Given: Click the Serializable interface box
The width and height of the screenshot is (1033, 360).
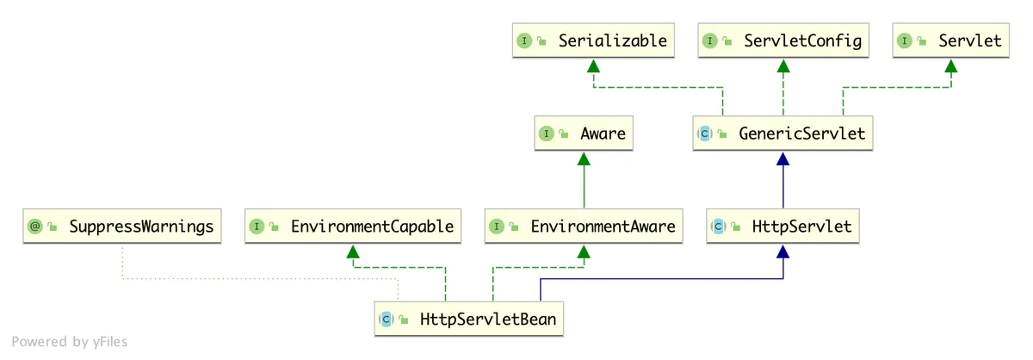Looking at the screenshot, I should (592, 40).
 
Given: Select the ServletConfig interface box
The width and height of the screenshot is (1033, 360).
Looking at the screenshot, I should (782, 40).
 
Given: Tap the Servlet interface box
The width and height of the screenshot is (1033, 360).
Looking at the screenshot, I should (951, 40).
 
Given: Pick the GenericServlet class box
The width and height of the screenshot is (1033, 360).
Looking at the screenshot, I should (782, 134).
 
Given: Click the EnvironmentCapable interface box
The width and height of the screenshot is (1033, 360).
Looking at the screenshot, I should (350, 227).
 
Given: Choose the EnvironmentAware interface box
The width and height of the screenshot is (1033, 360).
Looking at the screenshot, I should (584, 227).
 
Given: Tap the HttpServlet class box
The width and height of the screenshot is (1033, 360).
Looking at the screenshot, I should (782, 227).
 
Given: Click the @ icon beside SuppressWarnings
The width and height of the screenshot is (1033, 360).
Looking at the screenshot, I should (35, 227).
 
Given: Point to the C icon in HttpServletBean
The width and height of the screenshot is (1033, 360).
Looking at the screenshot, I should (387, 320).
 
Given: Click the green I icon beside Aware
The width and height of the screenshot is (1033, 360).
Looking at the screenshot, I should (546, 134).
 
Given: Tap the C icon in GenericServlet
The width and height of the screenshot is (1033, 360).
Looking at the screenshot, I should (704, 134).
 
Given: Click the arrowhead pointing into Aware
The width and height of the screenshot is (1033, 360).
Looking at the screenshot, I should (584, 158).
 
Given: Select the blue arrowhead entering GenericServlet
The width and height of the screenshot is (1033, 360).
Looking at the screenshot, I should (782, 158).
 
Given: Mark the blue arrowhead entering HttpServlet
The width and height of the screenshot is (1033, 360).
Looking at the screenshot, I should (782, 251).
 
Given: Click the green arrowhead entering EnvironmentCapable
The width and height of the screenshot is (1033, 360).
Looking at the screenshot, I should (350, 251).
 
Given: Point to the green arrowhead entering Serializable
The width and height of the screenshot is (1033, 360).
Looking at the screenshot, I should (592, 65).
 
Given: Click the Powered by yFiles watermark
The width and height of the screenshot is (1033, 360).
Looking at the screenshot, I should (70, 342).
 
